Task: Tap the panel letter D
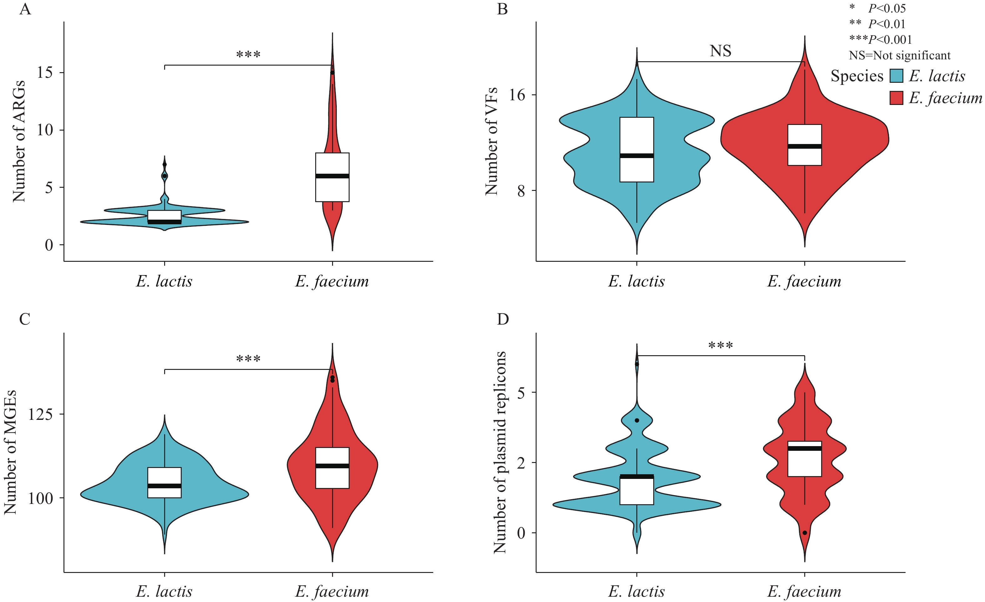pyautogui.click(x=503, y=319)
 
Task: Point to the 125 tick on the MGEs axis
pyautogui.click(x=40, y=415)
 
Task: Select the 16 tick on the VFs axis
pyautogui.click(x=517, y=95)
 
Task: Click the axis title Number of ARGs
pyautogui.click(x=19, y=141)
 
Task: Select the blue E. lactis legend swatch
pyautogui.click(x=896, y=76)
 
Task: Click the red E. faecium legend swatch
pyautogui.click(x=896, y=98)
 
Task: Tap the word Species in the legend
pyautogui.click(x=857, y=76)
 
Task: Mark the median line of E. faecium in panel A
pyautogui.click(x=332, y=176)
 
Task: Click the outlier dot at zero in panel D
pyautogui.click(x=805, y=533)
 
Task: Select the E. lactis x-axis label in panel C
pyautogui.click(x=164, y=591)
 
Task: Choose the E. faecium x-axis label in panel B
pyautogui.click(x=804, y=281)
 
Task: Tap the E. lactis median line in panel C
pyautogui.click(x=164, y=486)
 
